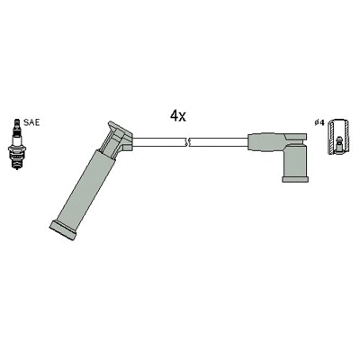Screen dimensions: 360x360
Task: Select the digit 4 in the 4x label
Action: pos(174,115)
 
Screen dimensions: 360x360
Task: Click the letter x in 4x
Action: pos(183,117)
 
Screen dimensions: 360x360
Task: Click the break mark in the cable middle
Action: pos(186,141)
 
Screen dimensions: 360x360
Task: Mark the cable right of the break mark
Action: pos(216,141)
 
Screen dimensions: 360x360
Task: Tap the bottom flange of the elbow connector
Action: pos(294,179)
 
